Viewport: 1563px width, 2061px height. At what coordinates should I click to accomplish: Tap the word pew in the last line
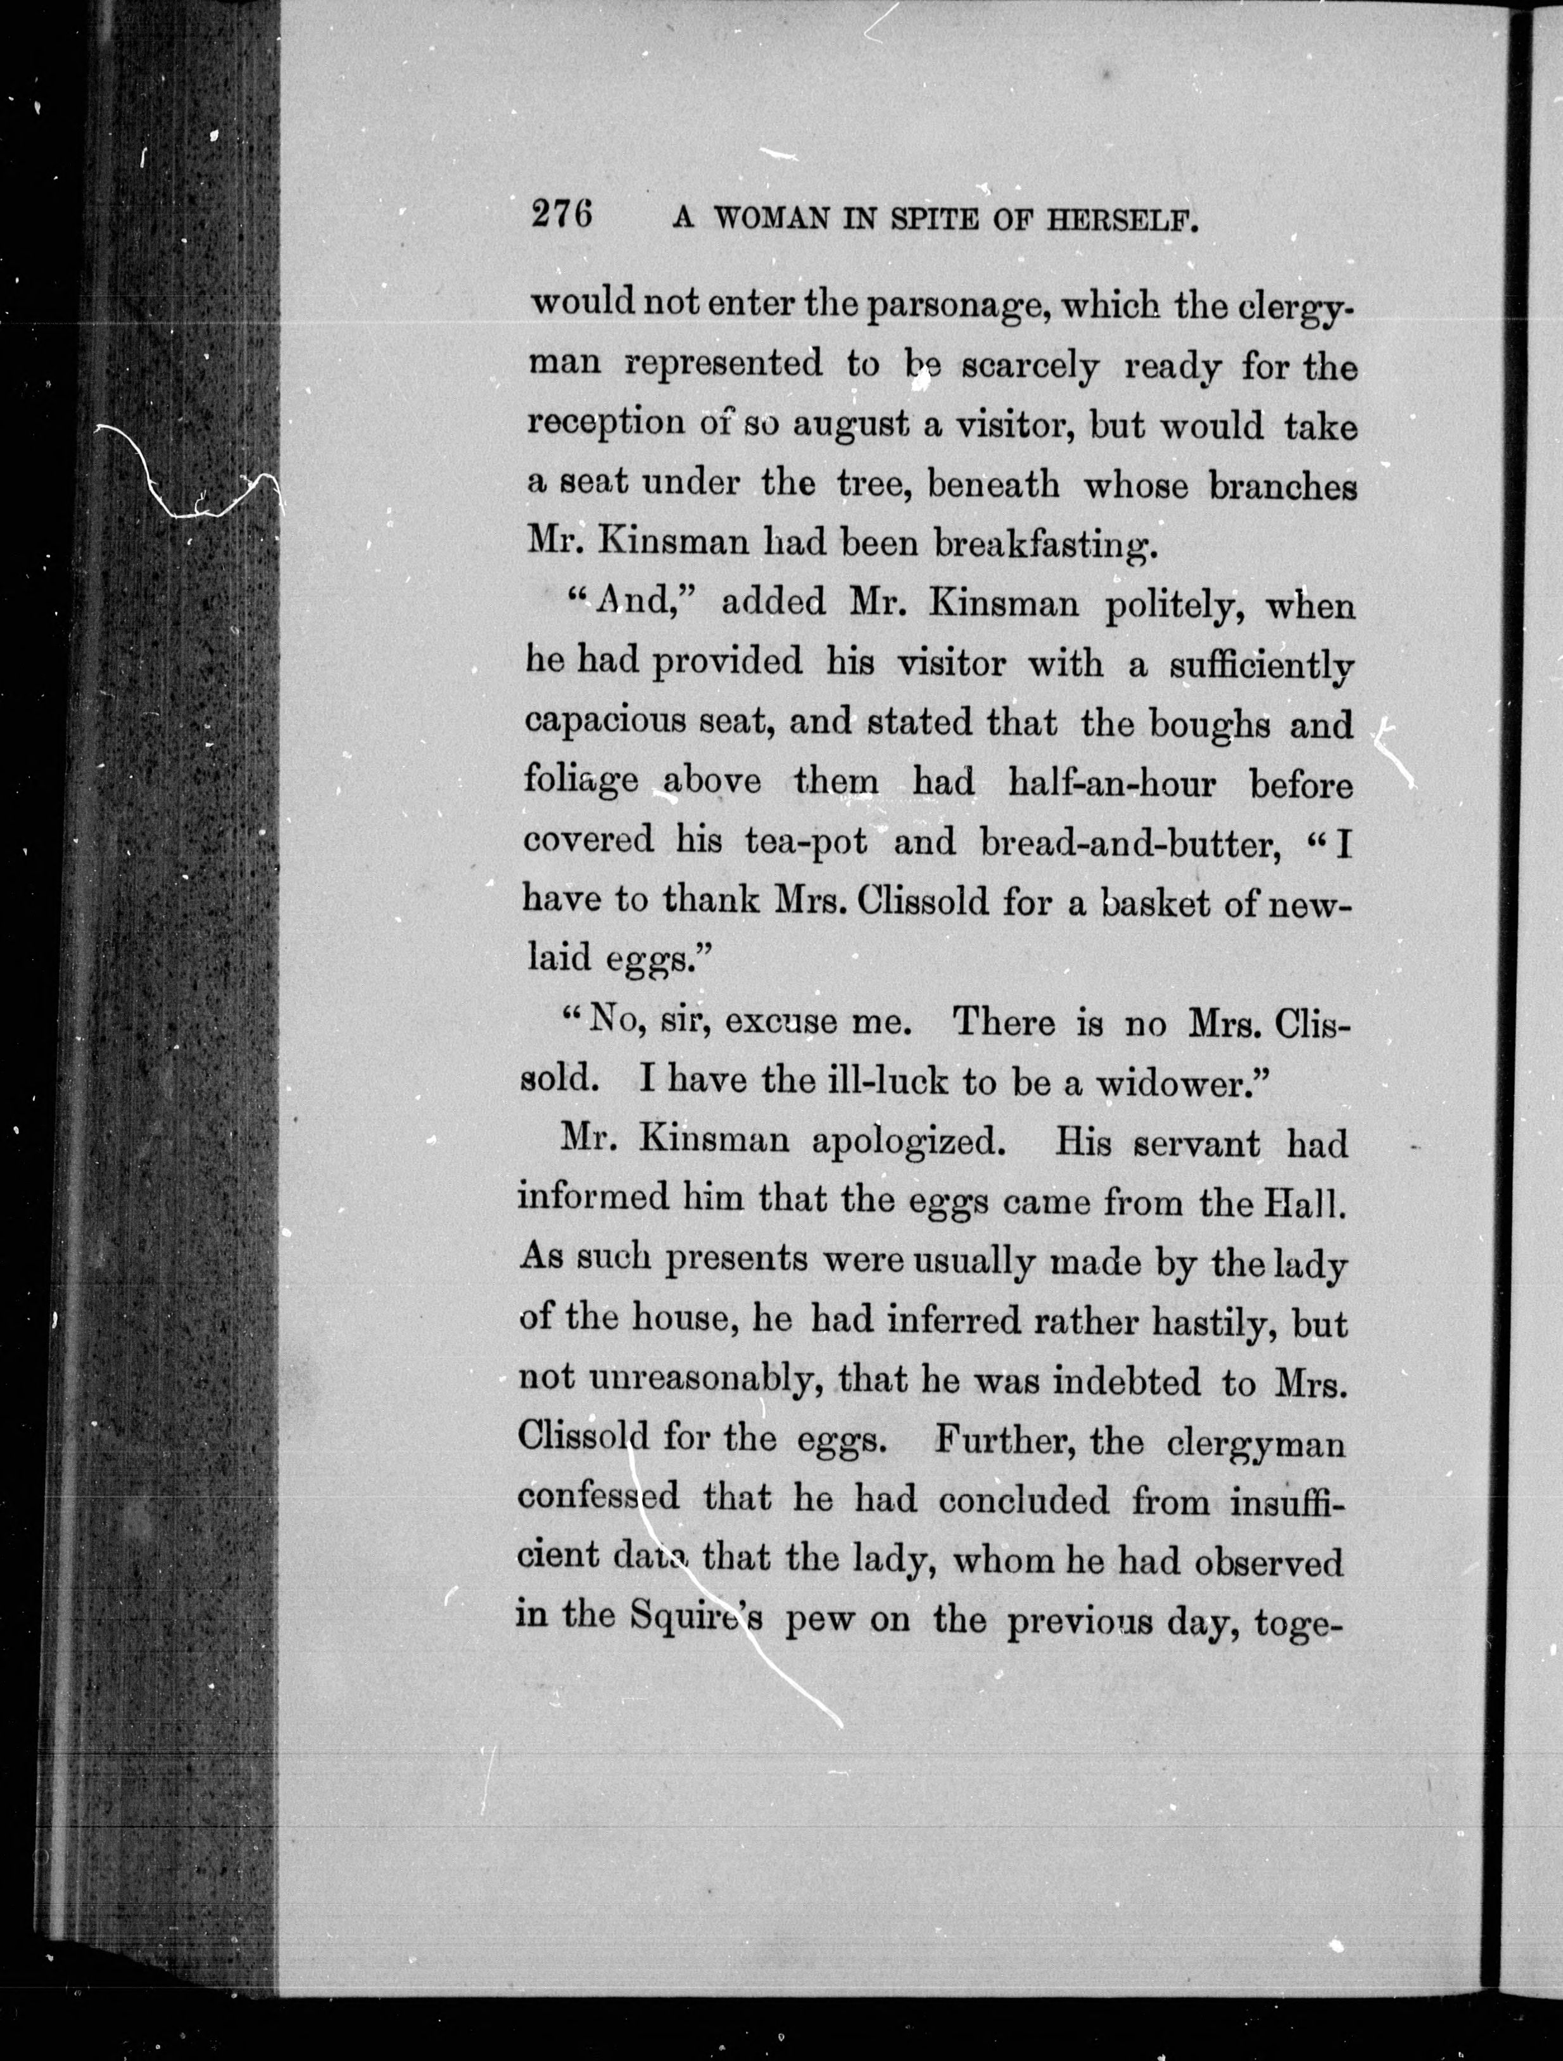[x=819, y=1622]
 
